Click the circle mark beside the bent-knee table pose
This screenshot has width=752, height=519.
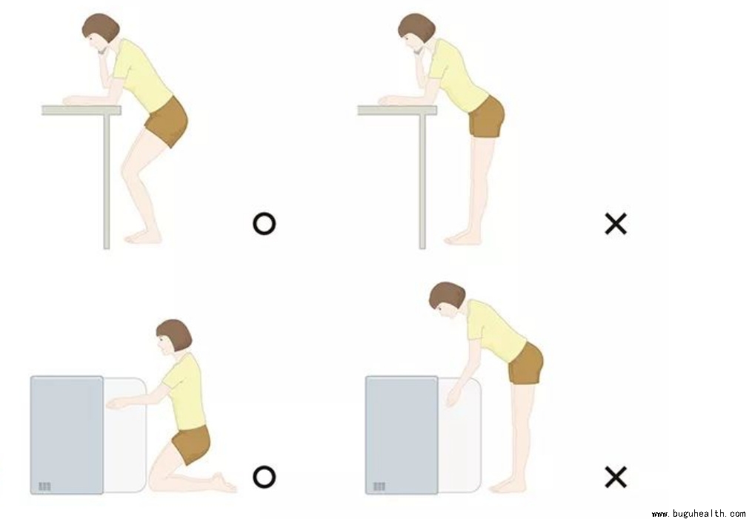coord(264,224)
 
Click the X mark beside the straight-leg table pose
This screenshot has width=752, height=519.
coord(616,224)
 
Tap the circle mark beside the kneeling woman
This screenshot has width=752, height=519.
coord(264,477)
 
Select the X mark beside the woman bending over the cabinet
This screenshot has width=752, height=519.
coord(616,477)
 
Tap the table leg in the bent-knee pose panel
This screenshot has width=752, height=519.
coord(107,182)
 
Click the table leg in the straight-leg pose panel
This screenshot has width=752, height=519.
coord(422,182)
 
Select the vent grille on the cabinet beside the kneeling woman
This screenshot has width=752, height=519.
coord(44,486)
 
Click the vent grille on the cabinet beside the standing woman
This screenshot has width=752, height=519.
coord(379,486)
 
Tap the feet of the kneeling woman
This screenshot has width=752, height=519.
coord(224,483)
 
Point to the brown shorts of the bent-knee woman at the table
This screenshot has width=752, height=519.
coord(167,122)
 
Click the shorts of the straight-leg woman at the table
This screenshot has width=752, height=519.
coord(487,116)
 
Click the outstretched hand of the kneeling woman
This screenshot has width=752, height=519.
coord(116,404)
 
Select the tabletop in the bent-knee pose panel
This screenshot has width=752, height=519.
coord(81,110)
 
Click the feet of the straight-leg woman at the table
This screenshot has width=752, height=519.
coord(462,238)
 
